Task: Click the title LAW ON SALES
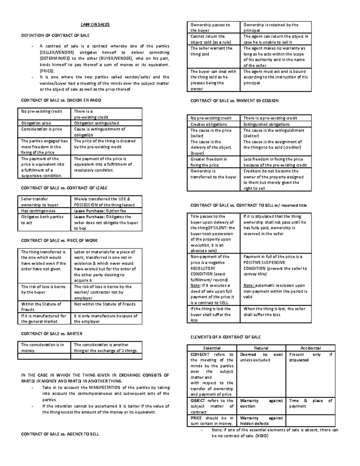click(95, 25)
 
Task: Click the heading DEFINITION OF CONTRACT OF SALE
click(55, 35)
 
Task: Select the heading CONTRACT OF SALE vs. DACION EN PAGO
click(61, 100)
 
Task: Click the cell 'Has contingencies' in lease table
click(38, 211)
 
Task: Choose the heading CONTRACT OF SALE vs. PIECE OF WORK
click(59, 240)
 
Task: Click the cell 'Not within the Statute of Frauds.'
click(105, 304)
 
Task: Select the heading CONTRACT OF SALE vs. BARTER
click(52, 333)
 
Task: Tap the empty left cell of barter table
click(44, 356)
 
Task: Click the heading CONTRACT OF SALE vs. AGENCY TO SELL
click(60, 434)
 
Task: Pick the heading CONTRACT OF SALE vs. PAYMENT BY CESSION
click(234, 101)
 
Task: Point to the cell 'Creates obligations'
click(208, 124)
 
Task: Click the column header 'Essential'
click(212, 348)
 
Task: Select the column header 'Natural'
click(261, 348)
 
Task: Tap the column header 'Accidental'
click(310, 348)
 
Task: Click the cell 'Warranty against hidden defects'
click(261, 421)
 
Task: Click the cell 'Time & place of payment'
click(310, 403)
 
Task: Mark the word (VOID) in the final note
click(262, 436)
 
